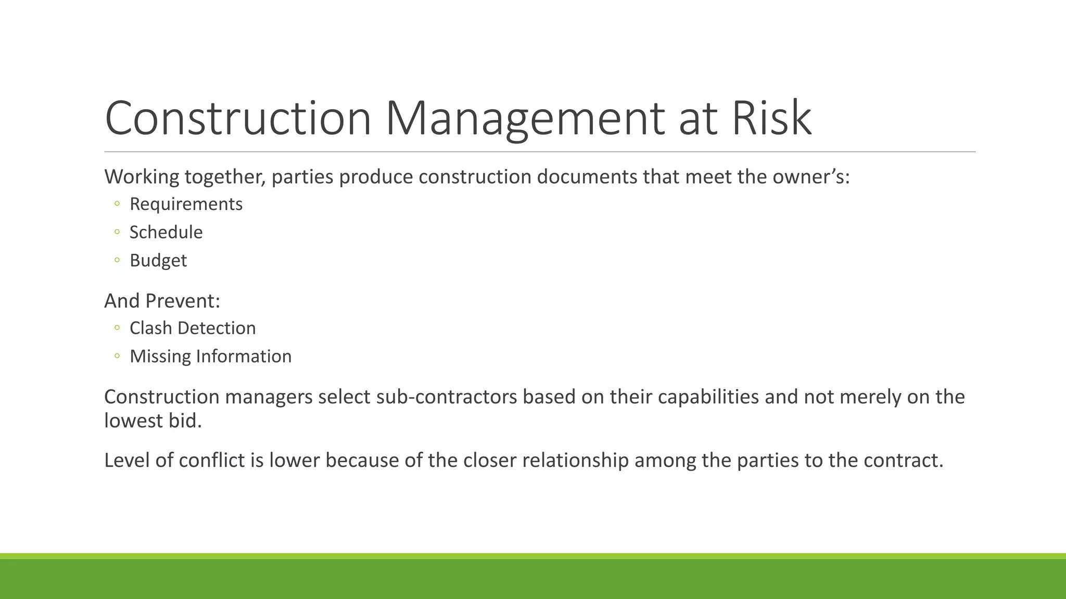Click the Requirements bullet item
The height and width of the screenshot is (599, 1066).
[x=186, y=204]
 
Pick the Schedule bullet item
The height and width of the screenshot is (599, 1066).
[x=166, y=232]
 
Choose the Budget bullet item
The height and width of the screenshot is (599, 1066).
[x=158, y=261]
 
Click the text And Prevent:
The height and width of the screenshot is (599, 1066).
[x=162, y=301]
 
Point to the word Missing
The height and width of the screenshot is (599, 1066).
[x=160, y=357]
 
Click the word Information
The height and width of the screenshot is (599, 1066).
[x=244, y=357]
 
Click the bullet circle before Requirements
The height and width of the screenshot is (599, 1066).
[x=117, y=204]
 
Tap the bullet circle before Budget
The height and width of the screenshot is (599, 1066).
[x=117, y=260]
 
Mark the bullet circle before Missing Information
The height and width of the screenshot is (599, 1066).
[x=117, y=356]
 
